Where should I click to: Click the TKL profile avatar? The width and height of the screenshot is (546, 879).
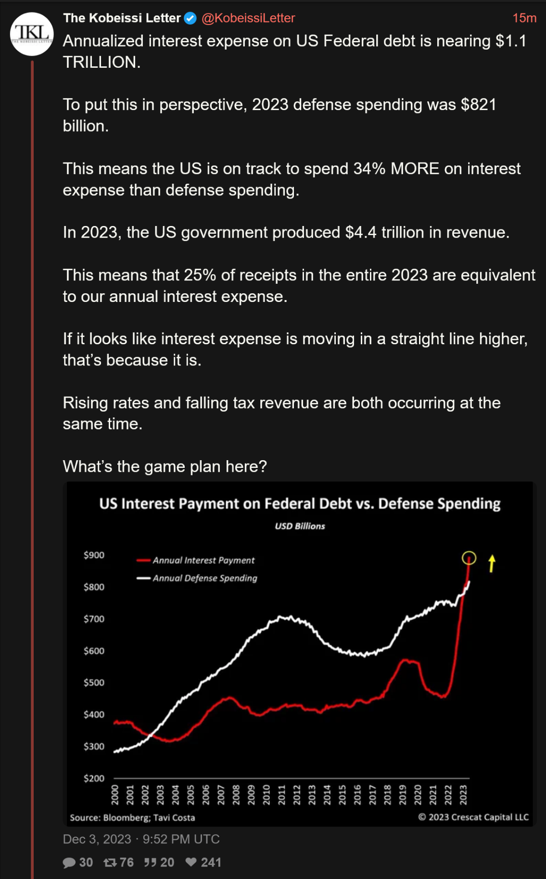[32, 34]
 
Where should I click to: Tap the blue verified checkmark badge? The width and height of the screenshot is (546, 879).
[190, 18]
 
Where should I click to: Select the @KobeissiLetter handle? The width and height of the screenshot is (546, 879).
[248, 18]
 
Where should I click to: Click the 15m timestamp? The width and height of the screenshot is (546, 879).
[524, 18]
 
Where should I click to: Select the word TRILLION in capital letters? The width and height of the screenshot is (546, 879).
[102, 63]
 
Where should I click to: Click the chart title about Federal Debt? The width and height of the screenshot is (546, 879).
[300, 503]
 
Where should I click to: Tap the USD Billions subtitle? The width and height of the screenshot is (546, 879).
[300, 526]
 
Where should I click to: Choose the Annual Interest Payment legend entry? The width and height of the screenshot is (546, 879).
[203, 560]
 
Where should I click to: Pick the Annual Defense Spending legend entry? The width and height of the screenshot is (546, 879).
[204, 578]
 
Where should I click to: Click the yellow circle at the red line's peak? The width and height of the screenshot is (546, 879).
[469, 558]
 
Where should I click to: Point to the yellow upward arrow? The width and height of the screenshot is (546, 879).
[492, 563]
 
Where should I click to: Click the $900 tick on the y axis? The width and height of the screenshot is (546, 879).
[94, 555]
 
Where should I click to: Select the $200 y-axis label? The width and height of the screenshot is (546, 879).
[94, 778]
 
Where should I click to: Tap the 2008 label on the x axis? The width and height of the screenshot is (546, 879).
[236, 794]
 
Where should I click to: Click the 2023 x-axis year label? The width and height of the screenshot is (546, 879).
[463, 794]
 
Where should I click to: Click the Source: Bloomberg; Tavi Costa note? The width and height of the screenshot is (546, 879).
[132, 817]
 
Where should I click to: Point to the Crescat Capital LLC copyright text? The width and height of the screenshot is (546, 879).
[473, 817]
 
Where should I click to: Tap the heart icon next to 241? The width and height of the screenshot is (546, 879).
[191, 862]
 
